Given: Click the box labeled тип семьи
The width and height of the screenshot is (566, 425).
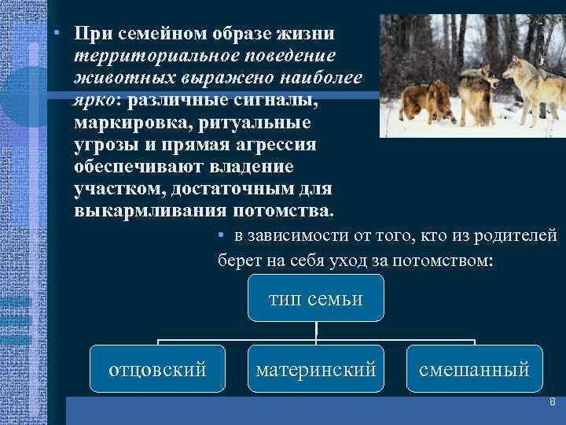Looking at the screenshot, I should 315,298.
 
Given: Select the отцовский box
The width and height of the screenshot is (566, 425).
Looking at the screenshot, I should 157,368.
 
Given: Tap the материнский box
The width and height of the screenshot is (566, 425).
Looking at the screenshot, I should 315,368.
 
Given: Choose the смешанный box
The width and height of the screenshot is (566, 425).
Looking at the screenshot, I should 474,368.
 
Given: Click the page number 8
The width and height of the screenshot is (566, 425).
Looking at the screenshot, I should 552,402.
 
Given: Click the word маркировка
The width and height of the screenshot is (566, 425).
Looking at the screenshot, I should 131,124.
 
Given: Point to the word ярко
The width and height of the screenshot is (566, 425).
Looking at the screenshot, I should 97,101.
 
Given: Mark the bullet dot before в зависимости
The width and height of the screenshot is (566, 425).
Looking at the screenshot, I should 222,235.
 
